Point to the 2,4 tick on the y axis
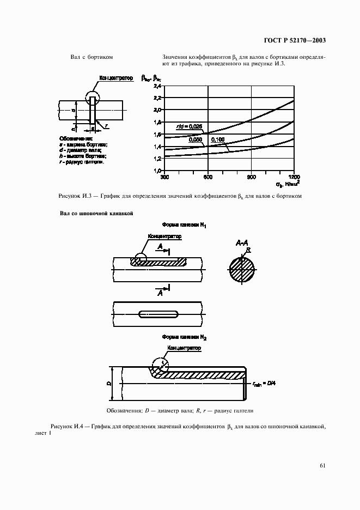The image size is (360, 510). point(157,87)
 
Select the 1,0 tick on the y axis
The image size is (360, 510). point(157,171)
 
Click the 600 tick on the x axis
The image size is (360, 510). point(208,177)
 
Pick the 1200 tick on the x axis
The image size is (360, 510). point(294,177)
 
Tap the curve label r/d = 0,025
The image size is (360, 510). point(189,126)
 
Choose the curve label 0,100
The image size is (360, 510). point(217,140)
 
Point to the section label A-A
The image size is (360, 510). point(242,242)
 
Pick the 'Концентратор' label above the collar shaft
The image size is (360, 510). point(117,78)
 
